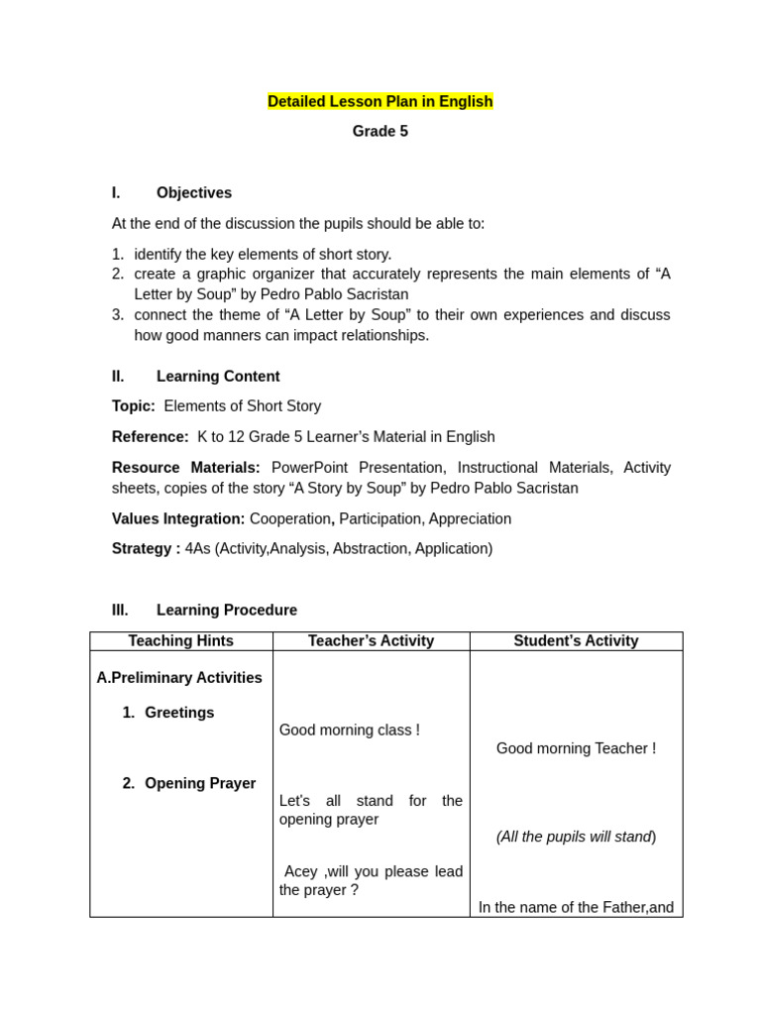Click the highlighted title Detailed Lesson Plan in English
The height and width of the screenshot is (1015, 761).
click(x=380, y=101)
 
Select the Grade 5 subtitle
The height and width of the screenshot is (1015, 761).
click(x=380, y=132)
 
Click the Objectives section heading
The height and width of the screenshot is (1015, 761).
click(x=193, y=193)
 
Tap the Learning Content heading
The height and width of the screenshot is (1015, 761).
click(x=217, y=377)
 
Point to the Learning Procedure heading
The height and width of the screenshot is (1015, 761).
click(x=226, y=611)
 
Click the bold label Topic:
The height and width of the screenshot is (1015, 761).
click(x=133, y=406)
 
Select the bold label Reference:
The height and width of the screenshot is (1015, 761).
click(x=150, y=437)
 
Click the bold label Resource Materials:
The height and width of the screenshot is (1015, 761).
click(x=185, y=468)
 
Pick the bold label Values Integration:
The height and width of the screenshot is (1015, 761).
click(x=177, y=519)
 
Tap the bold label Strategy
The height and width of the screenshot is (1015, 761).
click(x=143, y=549)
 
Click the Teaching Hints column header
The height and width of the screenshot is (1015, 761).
click(x=180, y=641)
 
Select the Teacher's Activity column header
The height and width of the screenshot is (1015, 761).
click(x=371, y=641)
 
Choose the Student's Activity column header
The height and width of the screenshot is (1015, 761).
click(x=576, y=641)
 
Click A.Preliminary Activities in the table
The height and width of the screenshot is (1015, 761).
click(x=179, y=678)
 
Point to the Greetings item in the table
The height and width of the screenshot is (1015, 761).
click(x=178, y=713)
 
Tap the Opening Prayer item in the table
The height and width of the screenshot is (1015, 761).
click(x=199, y=783)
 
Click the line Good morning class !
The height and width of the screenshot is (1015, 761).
click(x=349, y=731)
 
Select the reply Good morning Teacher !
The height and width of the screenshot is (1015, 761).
click(x=576, y=748)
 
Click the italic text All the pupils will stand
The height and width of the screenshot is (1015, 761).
click(x=576, y=837)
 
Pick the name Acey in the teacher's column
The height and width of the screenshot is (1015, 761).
click(x=300, y=871)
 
